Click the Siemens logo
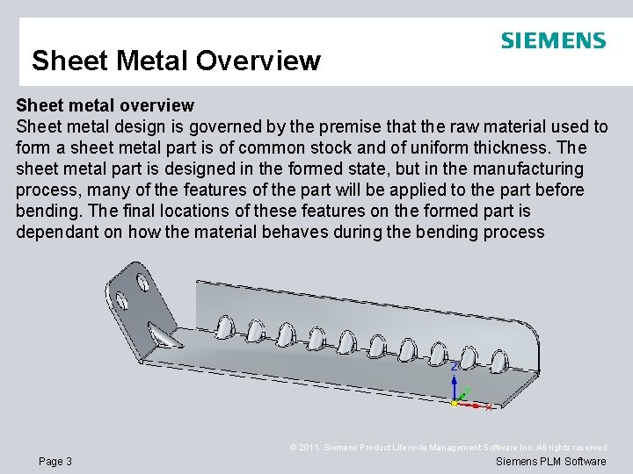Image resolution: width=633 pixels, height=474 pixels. (553, 40)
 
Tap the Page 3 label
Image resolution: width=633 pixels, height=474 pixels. (55, 462)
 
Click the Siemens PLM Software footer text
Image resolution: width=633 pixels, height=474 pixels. (551, 462)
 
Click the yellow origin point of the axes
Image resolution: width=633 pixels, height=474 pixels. (455, 404)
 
